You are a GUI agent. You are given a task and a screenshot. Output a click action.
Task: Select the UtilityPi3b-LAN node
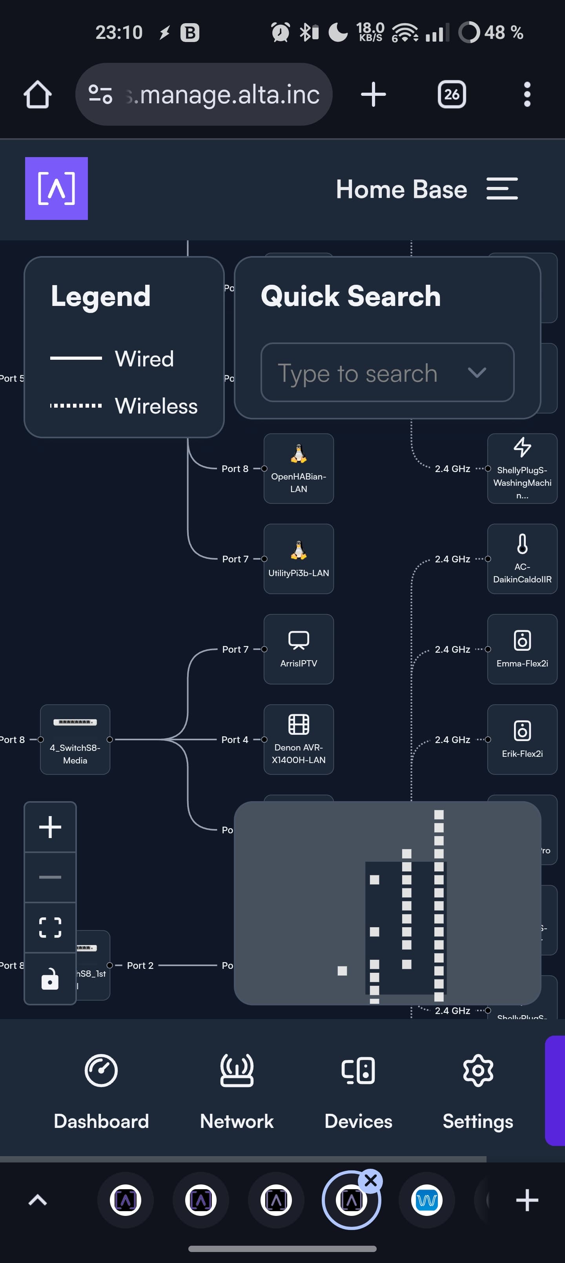(x=299, y=558)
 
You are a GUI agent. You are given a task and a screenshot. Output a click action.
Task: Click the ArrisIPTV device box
(x=299, y=649)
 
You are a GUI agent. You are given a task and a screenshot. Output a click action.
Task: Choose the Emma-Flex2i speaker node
(x=522, y=649)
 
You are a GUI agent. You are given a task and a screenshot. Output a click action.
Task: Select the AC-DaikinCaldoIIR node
(x=522, y=558)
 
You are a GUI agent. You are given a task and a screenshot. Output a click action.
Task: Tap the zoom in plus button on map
(x=50, y=827)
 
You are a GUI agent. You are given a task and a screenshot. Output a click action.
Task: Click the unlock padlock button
(x=50, y=979)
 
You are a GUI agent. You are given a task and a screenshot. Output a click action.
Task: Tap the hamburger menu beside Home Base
(x=502, y=189)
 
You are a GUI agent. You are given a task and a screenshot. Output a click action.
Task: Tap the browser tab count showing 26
(x=451, y=94)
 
